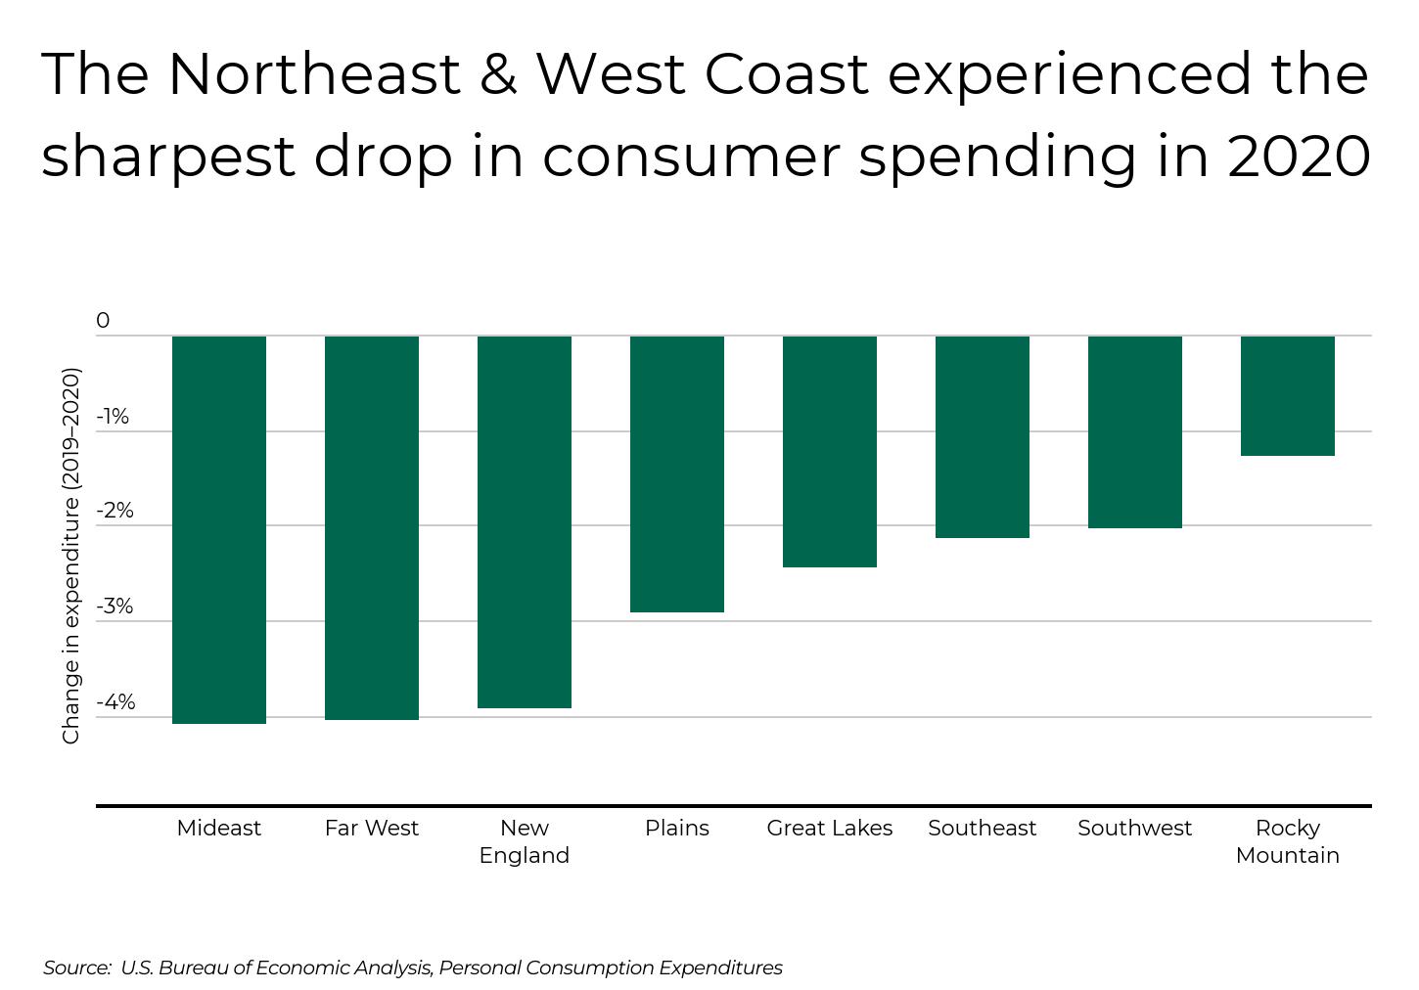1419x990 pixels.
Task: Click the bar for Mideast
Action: (219, 529)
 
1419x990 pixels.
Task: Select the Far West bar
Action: (372, 527)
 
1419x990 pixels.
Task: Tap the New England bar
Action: (525, 521)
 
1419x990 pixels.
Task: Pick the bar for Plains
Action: (677, 473)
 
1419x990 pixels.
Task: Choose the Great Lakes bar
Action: (830, 451)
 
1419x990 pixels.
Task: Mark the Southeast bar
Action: (983, 436)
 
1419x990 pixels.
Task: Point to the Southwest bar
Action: (1135, 431)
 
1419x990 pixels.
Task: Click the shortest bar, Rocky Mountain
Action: (1288, 395)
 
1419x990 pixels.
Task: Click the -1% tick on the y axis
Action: (113, 417)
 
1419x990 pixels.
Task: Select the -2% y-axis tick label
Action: (114, 511)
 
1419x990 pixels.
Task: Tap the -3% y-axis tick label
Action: (114, 607)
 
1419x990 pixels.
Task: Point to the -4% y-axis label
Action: (115, 702)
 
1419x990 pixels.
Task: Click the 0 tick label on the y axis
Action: (103, 321)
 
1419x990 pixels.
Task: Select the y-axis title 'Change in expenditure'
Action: (70, 556)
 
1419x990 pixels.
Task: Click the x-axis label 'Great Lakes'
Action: (830, 829)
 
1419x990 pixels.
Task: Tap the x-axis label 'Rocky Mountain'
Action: (1288, 841)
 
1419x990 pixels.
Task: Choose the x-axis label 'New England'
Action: (525, 841)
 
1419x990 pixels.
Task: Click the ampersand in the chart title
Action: (498, 74)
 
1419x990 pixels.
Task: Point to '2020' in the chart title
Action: (1299, 157)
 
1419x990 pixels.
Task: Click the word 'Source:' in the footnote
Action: (77, 967)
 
